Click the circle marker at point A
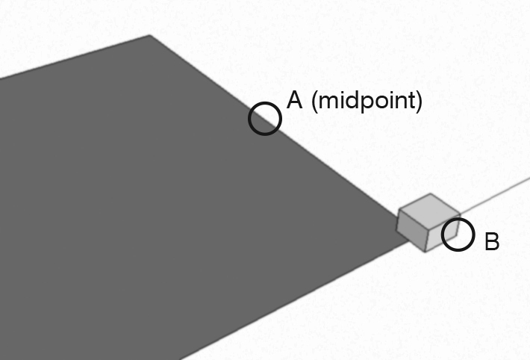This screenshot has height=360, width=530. click(x=265, y=119)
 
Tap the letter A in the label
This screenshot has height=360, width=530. click(x=294, y=101)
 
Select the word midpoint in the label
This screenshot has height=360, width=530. click(x=366, y=102)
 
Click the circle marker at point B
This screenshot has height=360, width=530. click(x=458, y=235)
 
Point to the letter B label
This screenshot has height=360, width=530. click(x=492, y=241)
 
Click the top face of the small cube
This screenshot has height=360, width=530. click(x=430, y=211)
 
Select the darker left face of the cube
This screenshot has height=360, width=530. click(x=412, y=230)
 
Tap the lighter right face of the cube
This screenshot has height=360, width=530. click(x=443, y=233)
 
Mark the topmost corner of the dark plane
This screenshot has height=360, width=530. click(x=150, y=35)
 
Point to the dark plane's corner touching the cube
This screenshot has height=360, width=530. click(x=408, y=238)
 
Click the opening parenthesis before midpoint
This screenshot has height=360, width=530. click(x=314, y=102)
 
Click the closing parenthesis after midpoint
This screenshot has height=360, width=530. click(x=419, y=102)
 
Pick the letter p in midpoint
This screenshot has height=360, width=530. click(x=366, y=104)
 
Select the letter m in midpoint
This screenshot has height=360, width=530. click(x=326, y=102)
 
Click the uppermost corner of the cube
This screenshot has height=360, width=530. click(x=430, y=193)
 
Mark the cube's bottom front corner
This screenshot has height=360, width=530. click(x=425, y=252)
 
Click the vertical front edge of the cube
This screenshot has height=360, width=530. click(x=427, y=240)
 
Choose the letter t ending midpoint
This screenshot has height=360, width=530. click(x=411, y=102)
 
